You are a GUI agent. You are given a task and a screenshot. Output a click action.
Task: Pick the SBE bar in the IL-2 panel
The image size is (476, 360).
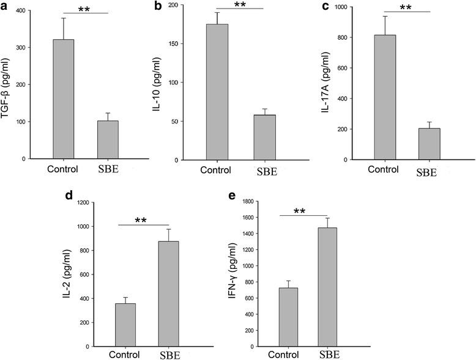point(172,293)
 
